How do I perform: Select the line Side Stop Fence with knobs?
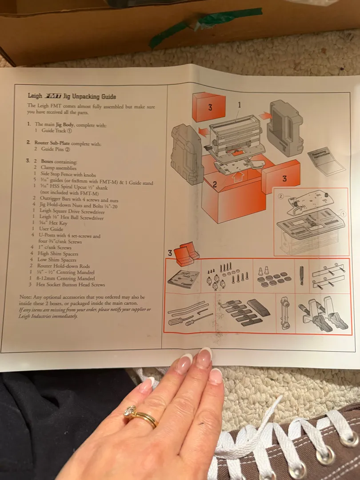[68, 174]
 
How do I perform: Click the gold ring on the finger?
[141, 416]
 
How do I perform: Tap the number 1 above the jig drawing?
[239, 105]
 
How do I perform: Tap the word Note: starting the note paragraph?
[25, 297]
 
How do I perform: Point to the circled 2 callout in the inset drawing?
[281, 196]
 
